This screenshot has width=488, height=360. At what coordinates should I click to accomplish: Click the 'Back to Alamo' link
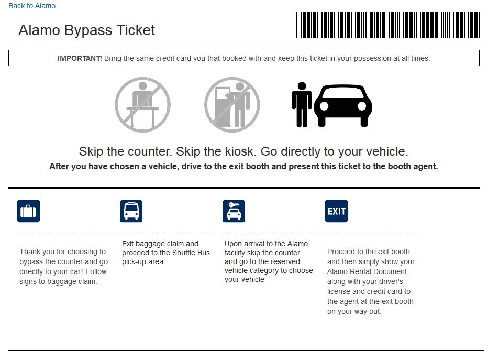tap(32, 6)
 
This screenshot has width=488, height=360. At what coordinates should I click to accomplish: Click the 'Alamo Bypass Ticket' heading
tap(86, 30)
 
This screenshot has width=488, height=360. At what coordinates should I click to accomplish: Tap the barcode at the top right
tap(387, 25)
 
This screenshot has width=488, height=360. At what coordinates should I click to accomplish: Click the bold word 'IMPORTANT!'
tap(80, 58)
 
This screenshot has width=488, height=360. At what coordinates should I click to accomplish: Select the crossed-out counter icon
tap(142, 105)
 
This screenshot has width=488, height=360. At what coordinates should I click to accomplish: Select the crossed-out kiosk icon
tap(231, 105)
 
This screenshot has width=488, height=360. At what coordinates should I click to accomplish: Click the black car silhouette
tap(343, 105)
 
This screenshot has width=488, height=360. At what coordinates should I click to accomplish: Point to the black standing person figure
tap(301, 104)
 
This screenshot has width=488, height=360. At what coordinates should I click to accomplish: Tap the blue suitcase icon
tap(28, 211)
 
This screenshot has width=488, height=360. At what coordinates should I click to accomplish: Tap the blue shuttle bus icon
tap(131, 211)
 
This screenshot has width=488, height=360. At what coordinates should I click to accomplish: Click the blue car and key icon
tap(234, 211)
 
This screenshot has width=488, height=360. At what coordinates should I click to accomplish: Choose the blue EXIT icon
tap(336, 211)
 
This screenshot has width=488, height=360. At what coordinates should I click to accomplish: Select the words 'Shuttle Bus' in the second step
tap(191, 253)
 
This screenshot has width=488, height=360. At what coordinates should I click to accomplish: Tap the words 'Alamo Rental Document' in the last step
tap(368, 271)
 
